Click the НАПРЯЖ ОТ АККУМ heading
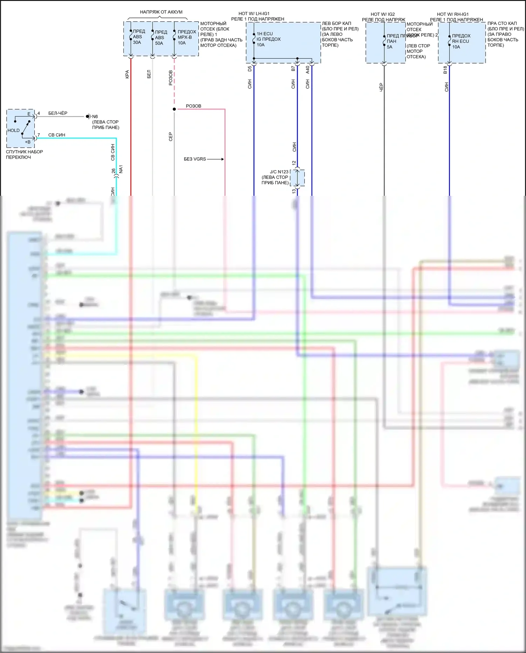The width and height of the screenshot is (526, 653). point(161,12)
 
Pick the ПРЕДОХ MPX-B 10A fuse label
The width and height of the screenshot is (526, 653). point(186,37)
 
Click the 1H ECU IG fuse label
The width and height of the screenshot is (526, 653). point(268,39)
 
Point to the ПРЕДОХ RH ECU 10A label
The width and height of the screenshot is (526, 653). point(461,41)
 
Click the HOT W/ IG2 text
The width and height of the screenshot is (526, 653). point(383,14)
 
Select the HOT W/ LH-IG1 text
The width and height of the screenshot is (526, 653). point(254,14)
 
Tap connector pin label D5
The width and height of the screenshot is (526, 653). point(250,69)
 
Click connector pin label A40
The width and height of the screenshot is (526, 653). point(308,69)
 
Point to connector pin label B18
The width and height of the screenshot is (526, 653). point(445,70)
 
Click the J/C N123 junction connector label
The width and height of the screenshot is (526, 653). point(279,172)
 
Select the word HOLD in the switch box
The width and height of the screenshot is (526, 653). point(14,131)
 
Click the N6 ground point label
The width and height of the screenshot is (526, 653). point(95,116)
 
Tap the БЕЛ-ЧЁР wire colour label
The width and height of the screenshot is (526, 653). point(58,113)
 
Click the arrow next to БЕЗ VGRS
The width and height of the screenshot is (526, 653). point(216,159)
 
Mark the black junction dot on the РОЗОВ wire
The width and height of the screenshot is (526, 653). point(174,109)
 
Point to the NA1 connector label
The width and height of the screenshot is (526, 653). point(121,169)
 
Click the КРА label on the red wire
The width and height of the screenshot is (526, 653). point(127,74)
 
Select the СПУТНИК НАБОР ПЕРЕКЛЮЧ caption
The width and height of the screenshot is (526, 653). point(24,154)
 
